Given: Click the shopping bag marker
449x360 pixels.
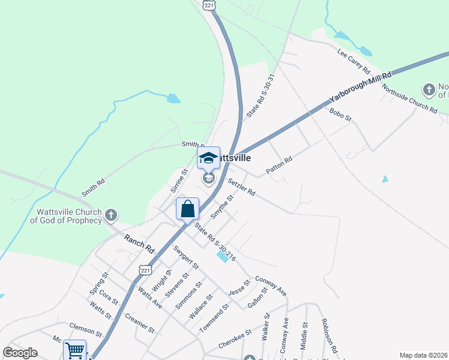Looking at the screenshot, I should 187,209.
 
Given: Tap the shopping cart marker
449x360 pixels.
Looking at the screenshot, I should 75,350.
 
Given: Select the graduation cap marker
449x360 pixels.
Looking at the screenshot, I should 208,158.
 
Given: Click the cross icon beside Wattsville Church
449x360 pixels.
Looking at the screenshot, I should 110,215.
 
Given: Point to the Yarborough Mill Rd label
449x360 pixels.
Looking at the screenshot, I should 360,88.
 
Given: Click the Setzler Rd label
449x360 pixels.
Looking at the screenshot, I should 241,185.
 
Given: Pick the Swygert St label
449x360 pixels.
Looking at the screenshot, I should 185,256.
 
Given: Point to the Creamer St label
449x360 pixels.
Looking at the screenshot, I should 140,325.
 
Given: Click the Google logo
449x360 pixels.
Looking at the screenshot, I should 20,353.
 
